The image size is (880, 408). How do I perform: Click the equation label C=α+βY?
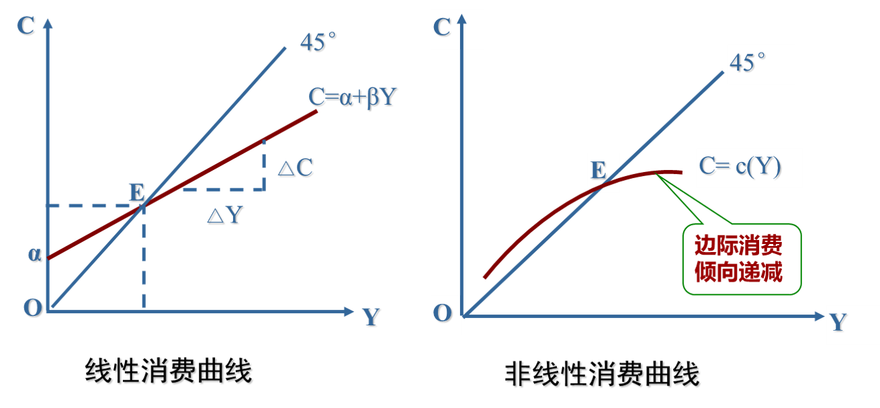354,97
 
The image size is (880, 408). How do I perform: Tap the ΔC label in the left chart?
296,168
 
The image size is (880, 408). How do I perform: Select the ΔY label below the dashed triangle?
226,215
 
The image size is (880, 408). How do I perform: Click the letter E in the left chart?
137,193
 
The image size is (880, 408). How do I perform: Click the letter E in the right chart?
598,170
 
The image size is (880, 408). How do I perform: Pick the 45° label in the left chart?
318,43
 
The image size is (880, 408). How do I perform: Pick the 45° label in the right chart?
748,63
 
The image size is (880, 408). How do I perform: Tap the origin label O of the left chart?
33,308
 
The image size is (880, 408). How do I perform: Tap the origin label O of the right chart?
443,314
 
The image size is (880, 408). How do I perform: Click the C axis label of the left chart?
27,26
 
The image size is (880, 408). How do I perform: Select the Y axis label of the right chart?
838,323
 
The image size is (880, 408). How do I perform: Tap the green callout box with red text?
742,259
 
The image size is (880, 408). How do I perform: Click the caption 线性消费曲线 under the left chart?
170,372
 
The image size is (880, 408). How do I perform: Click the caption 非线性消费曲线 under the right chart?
603,375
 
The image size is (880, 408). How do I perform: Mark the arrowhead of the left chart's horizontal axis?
348,311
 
